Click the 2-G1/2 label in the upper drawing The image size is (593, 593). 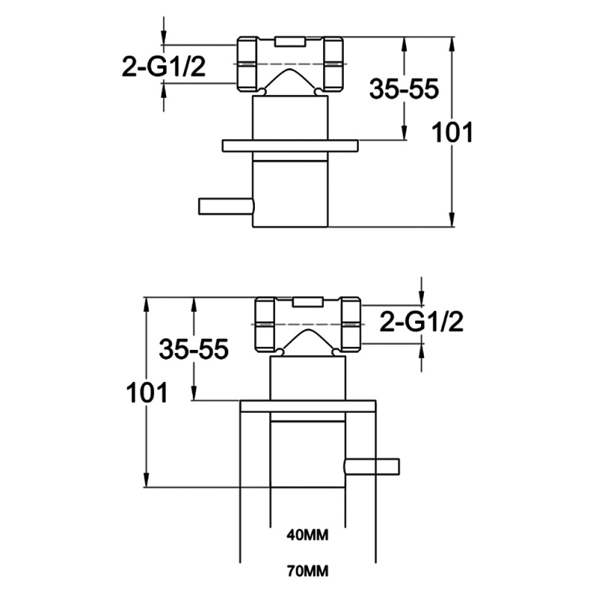[162, 67]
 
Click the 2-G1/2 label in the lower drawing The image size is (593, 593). [421, 322]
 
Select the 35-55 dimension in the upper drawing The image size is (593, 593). [404, 90]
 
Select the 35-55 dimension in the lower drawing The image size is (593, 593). [193, 350]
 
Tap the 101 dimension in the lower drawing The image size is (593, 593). [146, 392]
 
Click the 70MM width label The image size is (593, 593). [307, 572]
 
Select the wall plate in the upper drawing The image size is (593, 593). [290, 146]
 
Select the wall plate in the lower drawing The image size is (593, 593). [307, 406]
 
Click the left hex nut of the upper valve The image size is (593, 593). [248, 64]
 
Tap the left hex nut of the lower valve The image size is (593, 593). [265, 325]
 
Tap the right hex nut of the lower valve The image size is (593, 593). [350, 325]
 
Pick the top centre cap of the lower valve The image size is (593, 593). [307, 301]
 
